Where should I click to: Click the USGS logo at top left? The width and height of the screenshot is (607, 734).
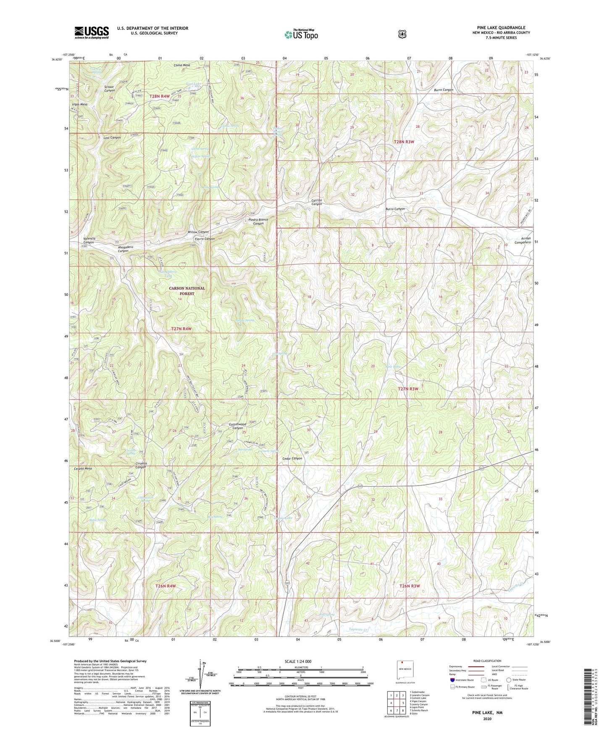92,32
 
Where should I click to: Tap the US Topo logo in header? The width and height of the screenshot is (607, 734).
301,34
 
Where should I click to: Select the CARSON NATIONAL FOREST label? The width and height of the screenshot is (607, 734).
187,291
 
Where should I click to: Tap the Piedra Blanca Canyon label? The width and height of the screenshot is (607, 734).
258,222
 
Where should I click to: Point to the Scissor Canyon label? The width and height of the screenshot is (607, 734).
109,88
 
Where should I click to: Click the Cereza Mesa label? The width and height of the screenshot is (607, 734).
83,468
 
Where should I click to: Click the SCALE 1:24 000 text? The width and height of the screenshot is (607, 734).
298,661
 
